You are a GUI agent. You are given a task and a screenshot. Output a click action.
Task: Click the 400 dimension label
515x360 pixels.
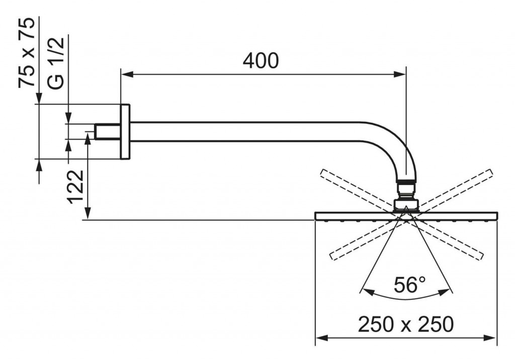pyautogui.click(x=261, y=61)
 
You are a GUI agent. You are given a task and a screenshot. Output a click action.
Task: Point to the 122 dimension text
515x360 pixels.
pyautogui.click(x=75, y=187)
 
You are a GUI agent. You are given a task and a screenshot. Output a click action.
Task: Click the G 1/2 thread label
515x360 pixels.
pyautogui.click(x=55, y=63)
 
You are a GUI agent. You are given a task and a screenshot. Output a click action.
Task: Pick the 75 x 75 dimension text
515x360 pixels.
pyautogui.click(x=26, y=53)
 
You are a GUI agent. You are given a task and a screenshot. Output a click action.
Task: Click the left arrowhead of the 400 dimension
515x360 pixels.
pyautogui.click(x=127, y=75)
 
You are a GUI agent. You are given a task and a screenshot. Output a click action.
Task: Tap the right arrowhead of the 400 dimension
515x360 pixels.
pyautogui.click(x=400, y=75)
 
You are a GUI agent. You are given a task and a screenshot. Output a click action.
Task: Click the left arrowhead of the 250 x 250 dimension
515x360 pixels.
pyautogui.click(x=321, y=338)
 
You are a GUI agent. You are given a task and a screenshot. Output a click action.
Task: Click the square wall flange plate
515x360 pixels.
pyautogui.click(x=125, y=132)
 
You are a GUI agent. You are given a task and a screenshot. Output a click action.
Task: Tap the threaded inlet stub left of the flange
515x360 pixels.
pyautogui.click(x=108, y=131)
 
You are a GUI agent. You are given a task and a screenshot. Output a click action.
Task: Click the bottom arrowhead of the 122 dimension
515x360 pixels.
pyautogui.click(x=88, y=213)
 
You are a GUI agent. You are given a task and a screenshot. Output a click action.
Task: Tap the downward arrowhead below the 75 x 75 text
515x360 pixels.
pyautogui.click(x=39, y=98)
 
